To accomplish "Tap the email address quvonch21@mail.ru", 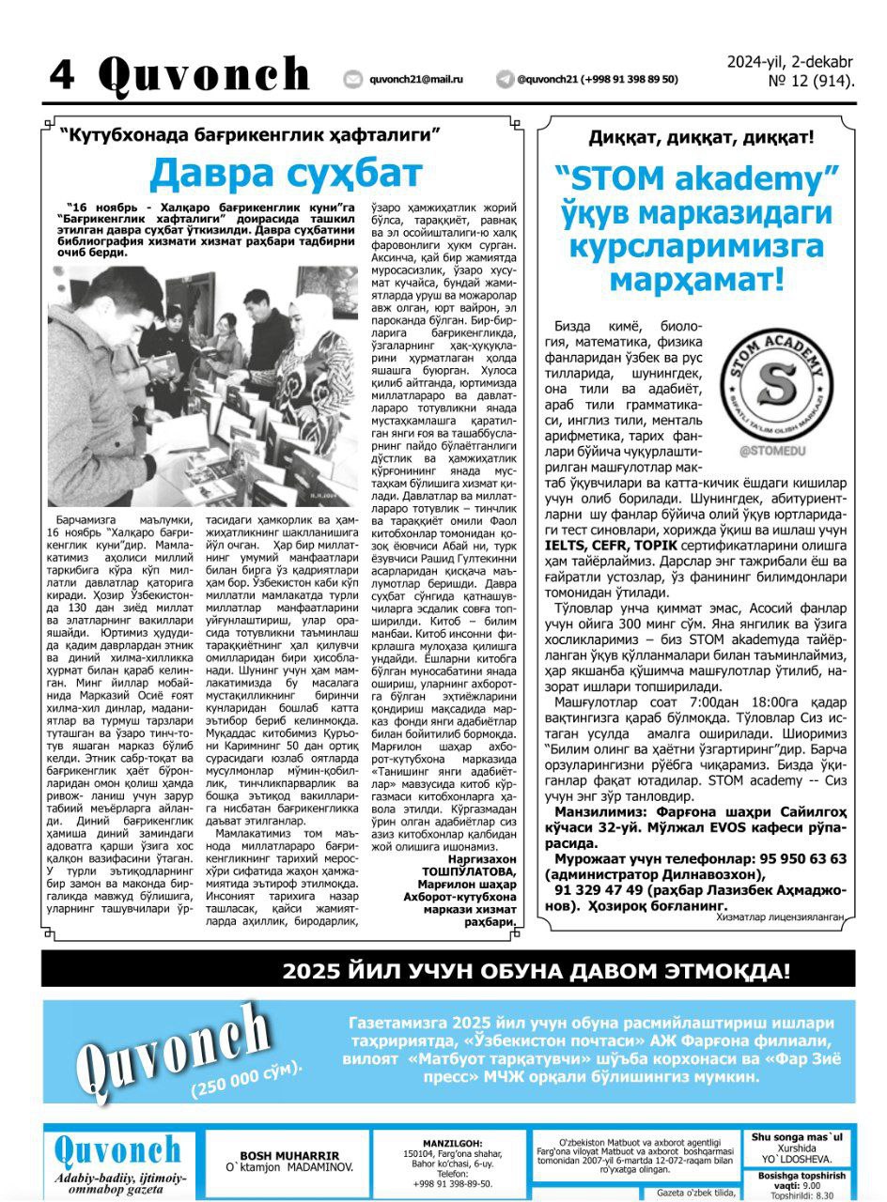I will coord(416,80).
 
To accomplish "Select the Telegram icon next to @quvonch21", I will coord(506,80).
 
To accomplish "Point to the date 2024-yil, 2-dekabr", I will coord(790,62).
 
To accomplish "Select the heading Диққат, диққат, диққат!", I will coord(701,138).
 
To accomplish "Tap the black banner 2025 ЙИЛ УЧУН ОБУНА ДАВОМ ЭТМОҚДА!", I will coord(537,971).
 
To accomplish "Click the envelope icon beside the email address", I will coord(353,80).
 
